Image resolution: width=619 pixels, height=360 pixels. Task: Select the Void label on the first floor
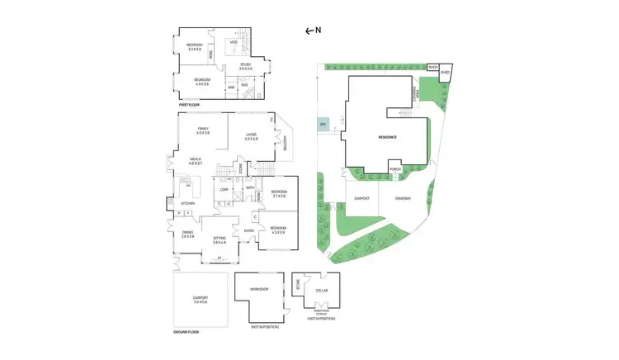[x=234, y=41]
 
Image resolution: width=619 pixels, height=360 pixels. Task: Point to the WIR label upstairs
[x=231, y=86]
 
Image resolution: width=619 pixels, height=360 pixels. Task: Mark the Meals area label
[x=196, y=161]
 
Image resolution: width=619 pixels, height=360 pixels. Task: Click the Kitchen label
[x=187, y=202]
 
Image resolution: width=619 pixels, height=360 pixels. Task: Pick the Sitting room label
[x=219, y=239]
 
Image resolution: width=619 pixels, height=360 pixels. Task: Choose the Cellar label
[x=320, y=290]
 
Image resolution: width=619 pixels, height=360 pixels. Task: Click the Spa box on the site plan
[x=323, y=126]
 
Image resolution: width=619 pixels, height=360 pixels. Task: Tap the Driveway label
[x=402, y=199]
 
